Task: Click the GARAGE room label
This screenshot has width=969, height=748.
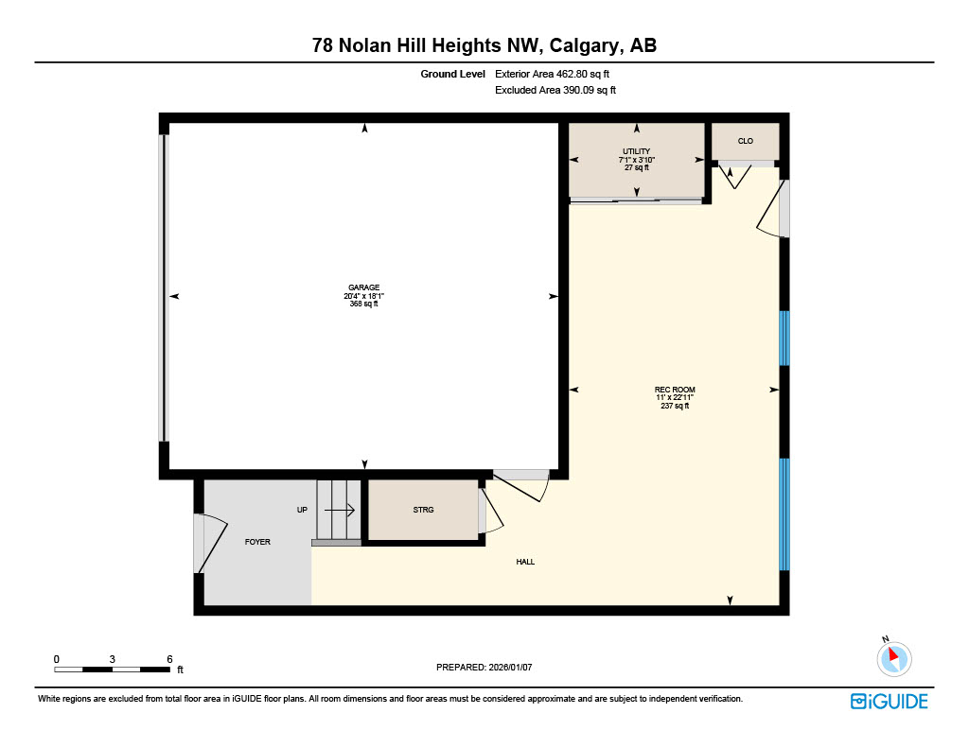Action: pos(363,287)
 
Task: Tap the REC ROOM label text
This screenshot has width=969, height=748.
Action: pos(675,390)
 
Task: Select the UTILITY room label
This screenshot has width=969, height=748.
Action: pos(636,151)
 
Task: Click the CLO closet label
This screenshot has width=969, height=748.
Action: pos(746,141)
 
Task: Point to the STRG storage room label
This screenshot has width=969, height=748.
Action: pos(423,510)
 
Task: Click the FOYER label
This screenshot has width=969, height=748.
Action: pos(257,542)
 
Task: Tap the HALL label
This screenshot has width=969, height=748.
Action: pos(525,562)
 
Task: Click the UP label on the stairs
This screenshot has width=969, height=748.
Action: pos(302,510)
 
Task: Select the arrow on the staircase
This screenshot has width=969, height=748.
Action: pos(340,510)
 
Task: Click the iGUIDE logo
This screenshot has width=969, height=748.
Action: pos(889,701)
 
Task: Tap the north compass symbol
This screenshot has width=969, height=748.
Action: pos(893,658)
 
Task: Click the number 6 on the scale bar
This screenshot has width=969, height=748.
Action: pos(169,658)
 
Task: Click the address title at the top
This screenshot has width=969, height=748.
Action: pos(484,44)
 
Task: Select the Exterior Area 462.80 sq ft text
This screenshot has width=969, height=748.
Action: pos(558,74)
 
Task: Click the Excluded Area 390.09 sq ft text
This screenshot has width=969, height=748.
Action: pos(555,91)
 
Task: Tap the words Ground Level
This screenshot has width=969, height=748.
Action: pos(452,74)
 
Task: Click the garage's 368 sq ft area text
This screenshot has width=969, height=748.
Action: pos(363,304)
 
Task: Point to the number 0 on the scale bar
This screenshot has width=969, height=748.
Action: pos(57,658)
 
